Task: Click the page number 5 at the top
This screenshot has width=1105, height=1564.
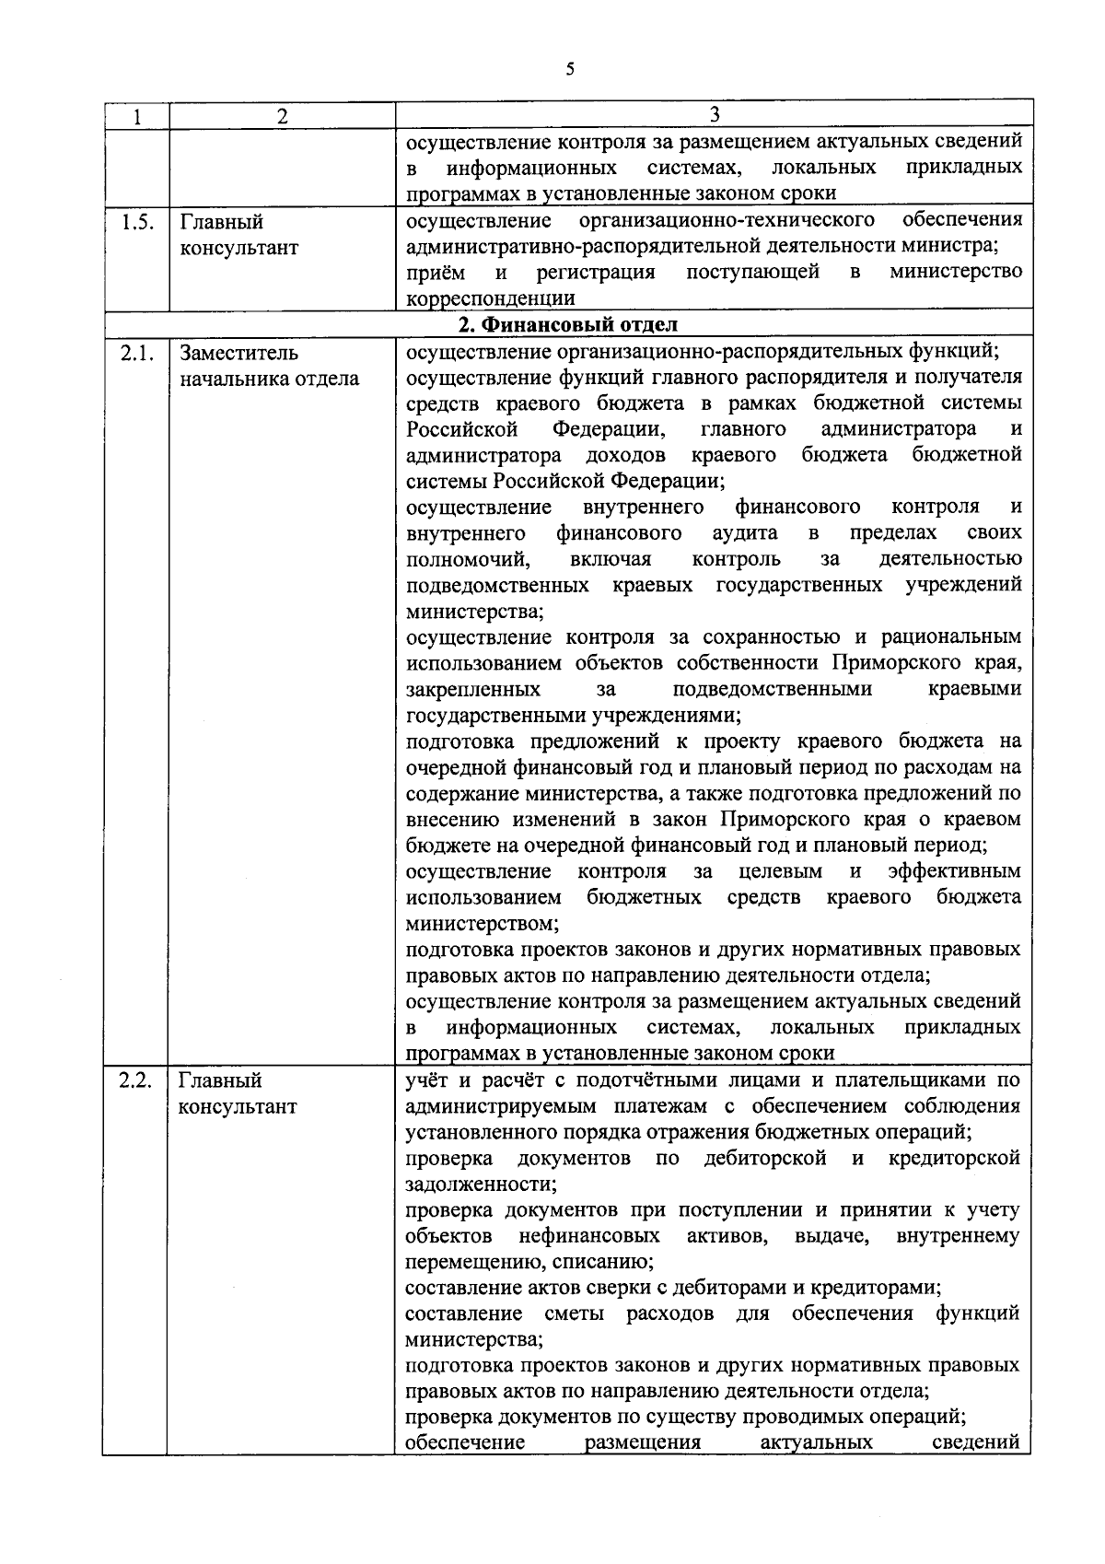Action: (x=570, y=68)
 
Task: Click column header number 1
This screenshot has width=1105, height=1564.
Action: (x=136, y=116)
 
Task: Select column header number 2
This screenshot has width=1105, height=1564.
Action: (x=282, y=116)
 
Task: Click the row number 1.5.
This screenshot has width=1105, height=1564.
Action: (x=136, y=222)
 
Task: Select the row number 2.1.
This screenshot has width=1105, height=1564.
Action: (x=136, y=353)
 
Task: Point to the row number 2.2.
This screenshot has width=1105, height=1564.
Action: (x=136, y=1080)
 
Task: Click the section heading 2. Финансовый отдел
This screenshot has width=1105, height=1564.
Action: (x=567, y=324)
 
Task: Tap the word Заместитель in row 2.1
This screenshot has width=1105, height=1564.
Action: (x=239, y=353)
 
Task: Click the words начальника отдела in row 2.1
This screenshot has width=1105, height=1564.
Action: (x=269, y=379)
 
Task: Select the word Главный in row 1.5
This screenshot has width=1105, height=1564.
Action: (x=222, y=222)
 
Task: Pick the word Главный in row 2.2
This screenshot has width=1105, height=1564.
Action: (x=221, y=1080)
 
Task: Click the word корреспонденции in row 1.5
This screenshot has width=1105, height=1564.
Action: (x=491, y=298)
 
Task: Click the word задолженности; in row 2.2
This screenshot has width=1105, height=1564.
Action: (x=481, y=1185)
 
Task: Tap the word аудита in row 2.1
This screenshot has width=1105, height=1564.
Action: (x=745, y=533)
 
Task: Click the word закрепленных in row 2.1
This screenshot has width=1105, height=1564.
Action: (x=473, y=689)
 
